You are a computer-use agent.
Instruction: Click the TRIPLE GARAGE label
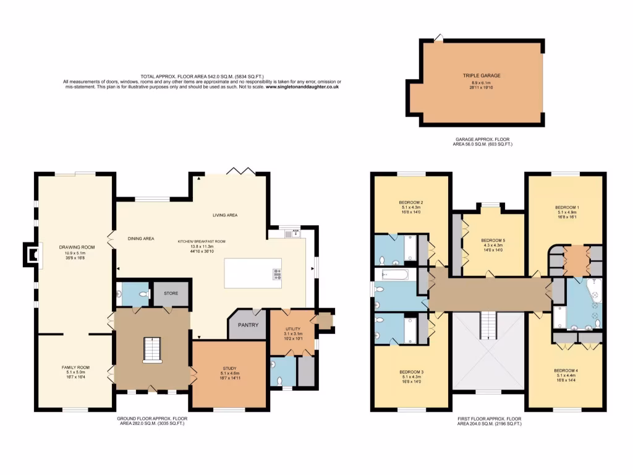tap(482, 75)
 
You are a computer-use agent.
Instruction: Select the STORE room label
tap(171, 293)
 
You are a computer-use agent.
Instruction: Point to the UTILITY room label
tap(292, 328)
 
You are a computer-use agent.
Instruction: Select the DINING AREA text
tap(141, 238)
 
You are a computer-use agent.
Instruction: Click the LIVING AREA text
tap(225, 215)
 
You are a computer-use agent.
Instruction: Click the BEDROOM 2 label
tap(411, 203)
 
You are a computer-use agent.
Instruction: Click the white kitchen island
tap(252, 273)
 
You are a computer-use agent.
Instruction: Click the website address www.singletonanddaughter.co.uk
tap(302, 87)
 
